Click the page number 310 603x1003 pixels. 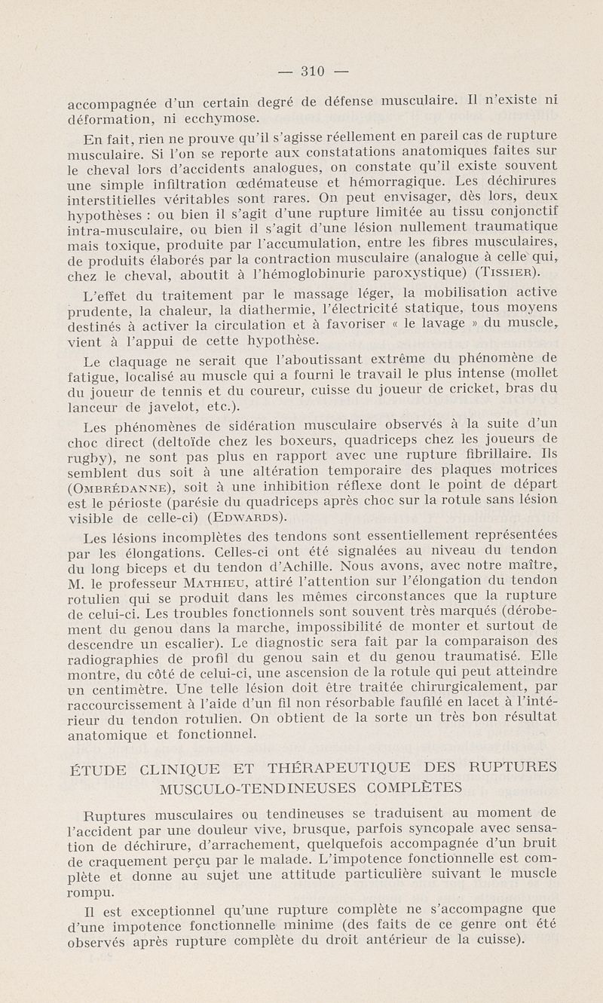pyautogui.click(x=312, y=72)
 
